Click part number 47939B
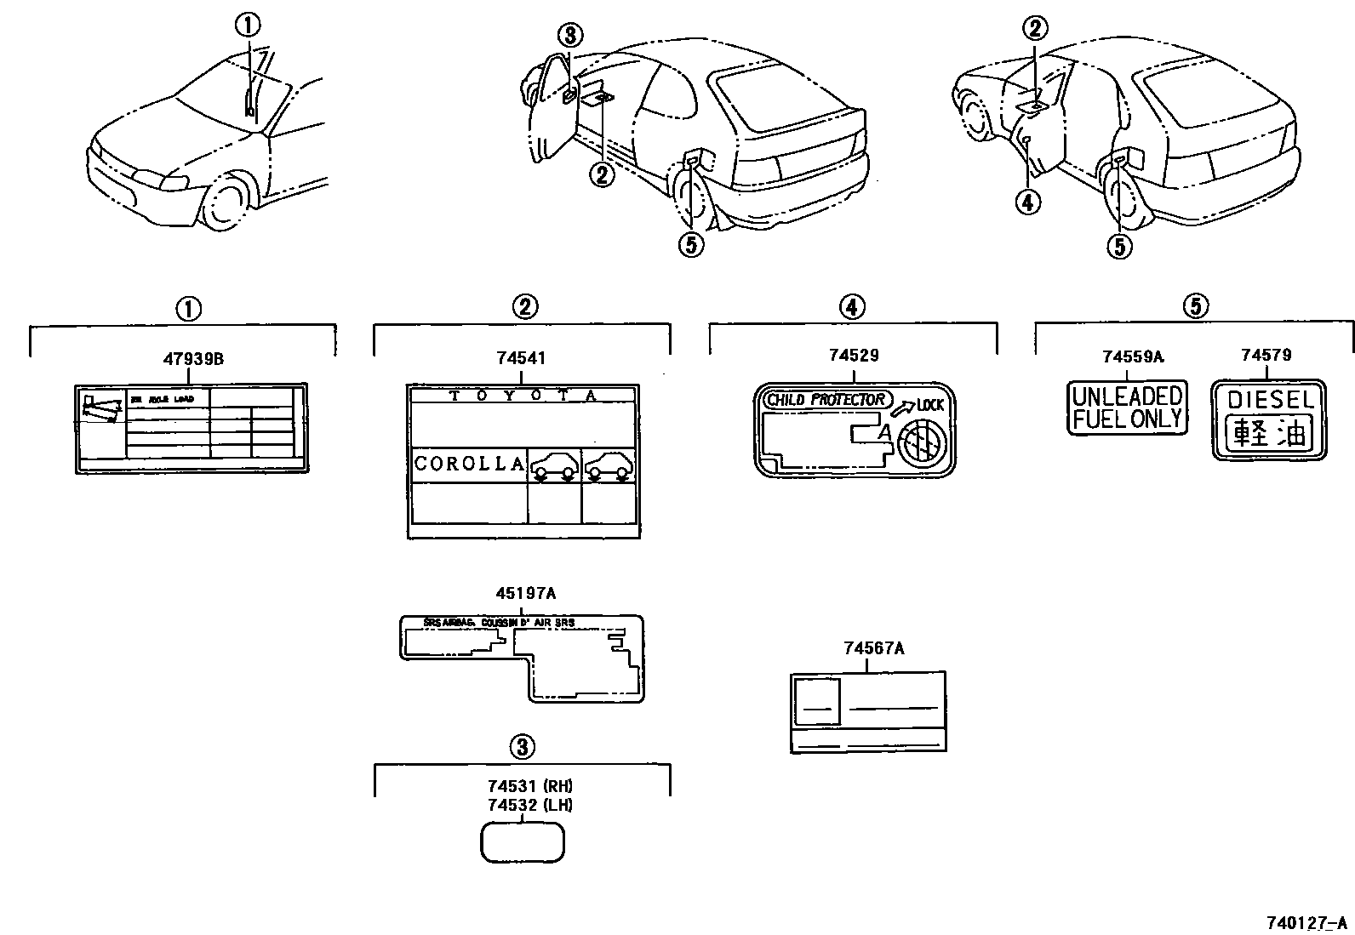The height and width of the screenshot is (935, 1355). click(x=193, y=359)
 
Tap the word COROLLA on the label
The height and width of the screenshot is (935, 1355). click(x=469, y=464)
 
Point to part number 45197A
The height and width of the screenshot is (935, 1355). click(x=521, y=594)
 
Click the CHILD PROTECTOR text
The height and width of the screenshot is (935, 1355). click(x=826, y=400)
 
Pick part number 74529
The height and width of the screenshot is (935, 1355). click(x=853, y=356)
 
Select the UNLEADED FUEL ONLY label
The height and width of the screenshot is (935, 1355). click(x=1127, y=408)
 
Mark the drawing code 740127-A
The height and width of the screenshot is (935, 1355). click(x=1306, y=922)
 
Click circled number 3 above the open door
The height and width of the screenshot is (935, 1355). click(x=570, y=35)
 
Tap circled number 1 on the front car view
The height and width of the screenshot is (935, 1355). click(x=249, y=25)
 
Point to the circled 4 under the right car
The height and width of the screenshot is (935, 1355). click(x=1028, y=202)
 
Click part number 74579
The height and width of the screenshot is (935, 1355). click(x=1266, y=356)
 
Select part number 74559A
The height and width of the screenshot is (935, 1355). click(x=1132, y=356)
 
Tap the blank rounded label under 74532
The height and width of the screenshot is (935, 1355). click(x=523, y=842)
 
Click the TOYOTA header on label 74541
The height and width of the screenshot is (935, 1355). click(x=523, y=396)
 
